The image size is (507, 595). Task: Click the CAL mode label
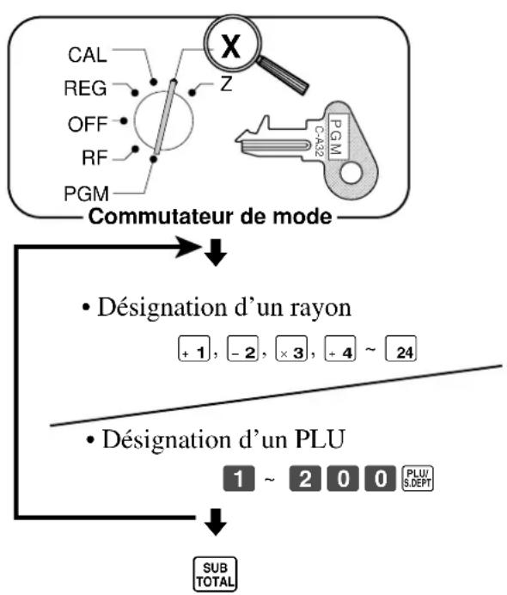[87, 55]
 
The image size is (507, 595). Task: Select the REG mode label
[85, 88]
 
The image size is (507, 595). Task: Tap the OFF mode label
[87, 124]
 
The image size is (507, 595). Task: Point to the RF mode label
[95, 157]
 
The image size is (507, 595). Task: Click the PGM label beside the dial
[87, 193]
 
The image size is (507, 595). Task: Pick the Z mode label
[226, 83]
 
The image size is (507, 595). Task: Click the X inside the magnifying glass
[231, 46]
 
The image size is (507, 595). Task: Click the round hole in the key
[351, 173]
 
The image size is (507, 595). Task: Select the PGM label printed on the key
[336, 137]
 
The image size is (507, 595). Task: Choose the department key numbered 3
[291, 349]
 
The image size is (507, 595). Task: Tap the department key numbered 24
[400, 348]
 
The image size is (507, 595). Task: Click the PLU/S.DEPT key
[418, 478]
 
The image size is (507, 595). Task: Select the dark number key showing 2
[305, 479]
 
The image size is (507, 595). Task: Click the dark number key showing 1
[239, 479]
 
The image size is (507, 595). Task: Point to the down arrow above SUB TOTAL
[216, 522]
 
